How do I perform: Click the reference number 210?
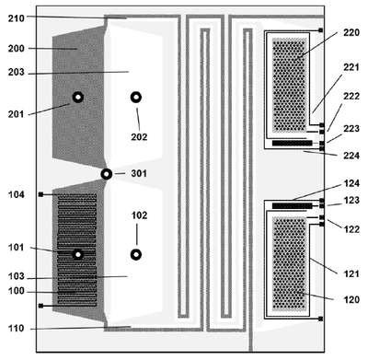pos(16,18)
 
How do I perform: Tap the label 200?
pos(16,48)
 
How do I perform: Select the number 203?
pos(16,72)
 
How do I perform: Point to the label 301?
pos(139,173)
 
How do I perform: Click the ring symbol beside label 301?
pos(107,174)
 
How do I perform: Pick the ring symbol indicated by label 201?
pos(78,98)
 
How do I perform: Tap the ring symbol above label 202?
pos(136,98)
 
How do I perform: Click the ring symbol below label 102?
pos(136,254)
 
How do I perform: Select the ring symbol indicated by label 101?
pos(78,254)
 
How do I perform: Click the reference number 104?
pos(16,194)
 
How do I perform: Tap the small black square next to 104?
pos(40,194)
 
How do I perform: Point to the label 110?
pos(16,329)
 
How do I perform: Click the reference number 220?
pos(351,32)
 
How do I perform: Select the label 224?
pos(351,156)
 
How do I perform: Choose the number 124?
pos(351,183)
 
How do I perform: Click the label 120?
pos(351,299)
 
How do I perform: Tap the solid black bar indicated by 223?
pos(292,143)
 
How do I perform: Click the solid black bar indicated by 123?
pos(292,206)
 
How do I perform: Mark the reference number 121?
pos(351,273)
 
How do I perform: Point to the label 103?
pos(16,276)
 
